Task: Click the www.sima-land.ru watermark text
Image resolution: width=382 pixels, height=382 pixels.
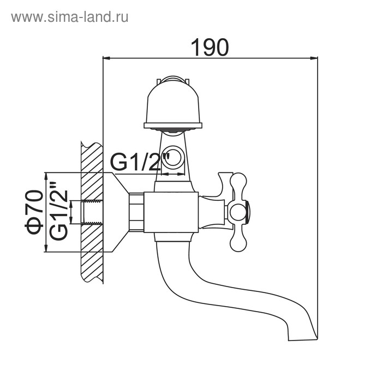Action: click(69, 17)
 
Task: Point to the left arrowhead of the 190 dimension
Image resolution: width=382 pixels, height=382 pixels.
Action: click(108, 57)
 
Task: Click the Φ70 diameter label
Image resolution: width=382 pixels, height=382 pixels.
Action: click(35, 212)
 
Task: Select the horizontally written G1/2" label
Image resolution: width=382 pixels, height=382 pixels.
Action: click(141, 162)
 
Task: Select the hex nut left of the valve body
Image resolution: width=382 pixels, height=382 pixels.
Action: click(137, 212)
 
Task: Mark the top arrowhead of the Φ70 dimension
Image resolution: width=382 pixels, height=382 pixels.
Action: click(46, 176)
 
